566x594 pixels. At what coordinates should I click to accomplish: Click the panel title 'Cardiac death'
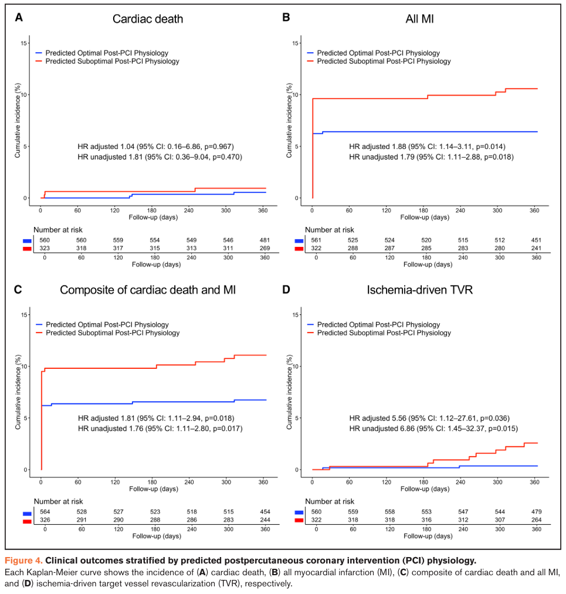click(148, 19)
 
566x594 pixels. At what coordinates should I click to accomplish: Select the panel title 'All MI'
click(419, 19)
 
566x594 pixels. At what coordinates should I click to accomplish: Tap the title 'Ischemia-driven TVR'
click(419, 290)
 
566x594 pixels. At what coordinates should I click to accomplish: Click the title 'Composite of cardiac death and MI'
click(148, 290)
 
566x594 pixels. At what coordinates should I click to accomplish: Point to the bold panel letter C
click(18, 289)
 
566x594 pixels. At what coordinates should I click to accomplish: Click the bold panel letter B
click(286, 18)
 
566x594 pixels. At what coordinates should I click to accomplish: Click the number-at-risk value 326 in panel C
click(44, 520)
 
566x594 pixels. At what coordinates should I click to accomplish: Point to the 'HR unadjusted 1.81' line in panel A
click(160, 157)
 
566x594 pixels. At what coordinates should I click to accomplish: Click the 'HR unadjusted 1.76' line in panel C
click(160, 429)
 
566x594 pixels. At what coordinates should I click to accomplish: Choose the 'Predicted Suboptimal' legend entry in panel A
click(111, 61)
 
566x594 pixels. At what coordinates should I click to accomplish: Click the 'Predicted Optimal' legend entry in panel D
click(378, 324)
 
